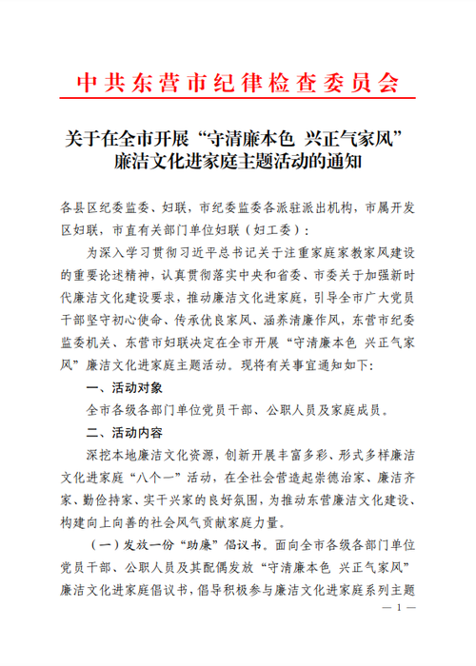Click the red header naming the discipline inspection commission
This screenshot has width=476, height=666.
click(x=238, y=81)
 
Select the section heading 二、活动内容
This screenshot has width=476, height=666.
click(x=126, y=433)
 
